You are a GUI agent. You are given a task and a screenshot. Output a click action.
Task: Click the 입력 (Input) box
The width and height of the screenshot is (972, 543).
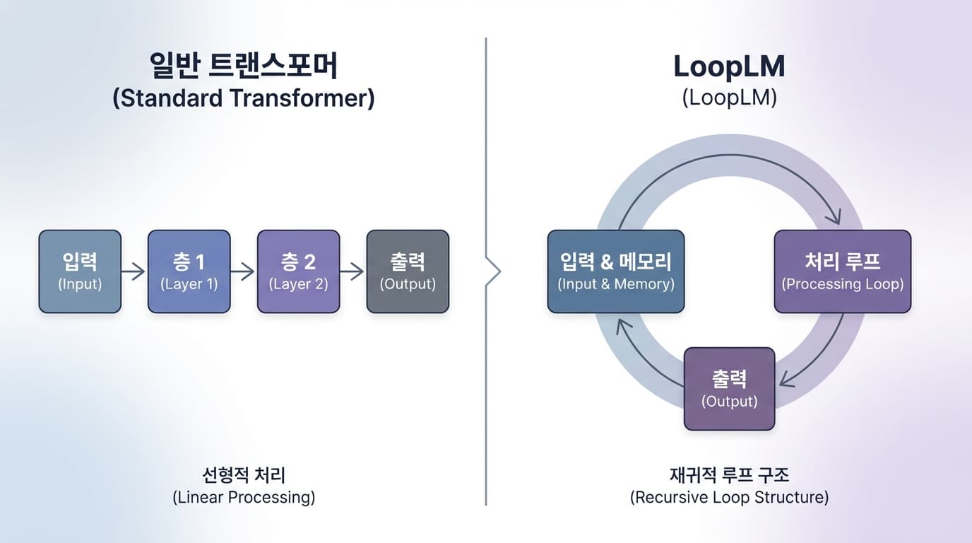coord(80,271)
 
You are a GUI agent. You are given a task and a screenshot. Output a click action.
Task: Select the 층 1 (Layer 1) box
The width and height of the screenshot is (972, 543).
coord(189,271)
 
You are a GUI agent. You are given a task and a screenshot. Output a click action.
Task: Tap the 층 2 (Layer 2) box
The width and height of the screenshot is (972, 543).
coord(298,271)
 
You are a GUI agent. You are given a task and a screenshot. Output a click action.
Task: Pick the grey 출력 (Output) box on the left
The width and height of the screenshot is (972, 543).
coord(408,271)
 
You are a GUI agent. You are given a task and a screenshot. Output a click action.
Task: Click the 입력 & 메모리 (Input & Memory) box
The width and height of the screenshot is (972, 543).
coord(616,271)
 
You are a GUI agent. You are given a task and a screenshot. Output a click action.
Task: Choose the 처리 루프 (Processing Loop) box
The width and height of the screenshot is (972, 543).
coord(843,271)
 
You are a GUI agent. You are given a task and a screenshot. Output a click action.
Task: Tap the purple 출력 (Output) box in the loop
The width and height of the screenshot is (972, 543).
coord(729,388)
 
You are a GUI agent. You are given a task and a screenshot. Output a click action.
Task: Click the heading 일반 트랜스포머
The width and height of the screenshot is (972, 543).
coord(244,66)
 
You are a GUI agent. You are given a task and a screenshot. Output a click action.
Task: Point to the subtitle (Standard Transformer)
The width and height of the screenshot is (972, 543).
coord(244,98)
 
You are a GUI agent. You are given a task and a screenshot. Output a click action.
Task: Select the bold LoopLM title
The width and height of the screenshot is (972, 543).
coord(729,66)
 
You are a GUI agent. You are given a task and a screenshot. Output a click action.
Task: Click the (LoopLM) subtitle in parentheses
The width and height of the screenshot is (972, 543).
coord(729,98)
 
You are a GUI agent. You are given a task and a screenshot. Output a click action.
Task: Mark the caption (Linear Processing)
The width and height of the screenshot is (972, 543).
coord(244,497)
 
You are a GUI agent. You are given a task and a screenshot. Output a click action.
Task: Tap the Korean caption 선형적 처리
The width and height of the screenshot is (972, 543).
coord(244,474)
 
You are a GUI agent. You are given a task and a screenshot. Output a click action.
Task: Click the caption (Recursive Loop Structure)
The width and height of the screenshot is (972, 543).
coord(729,497)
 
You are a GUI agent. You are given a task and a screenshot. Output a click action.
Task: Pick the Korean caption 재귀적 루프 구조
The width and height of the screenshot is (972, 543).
coord(729,474)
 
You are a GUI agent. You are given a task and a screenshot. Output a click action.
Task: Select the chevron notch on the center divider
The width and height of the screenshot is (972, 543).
coord(495,271)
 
